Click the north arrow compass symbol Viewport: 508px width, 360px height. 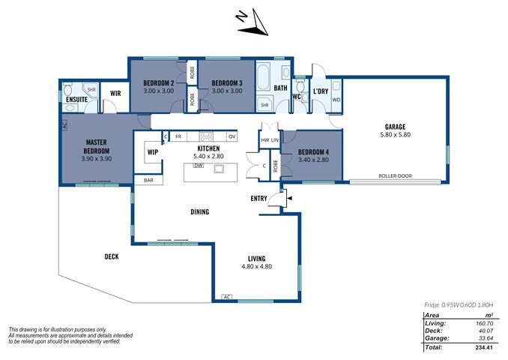253,23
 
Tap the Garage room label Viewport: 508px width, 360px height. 395,127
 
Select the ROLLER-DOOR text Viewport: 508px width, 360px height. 396,175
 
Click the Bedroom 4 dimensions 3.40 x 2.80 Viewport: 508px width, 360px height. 313,160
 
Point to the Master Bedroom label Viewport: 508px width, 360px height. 97,146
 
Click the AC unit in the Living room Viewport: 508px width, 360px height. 227,297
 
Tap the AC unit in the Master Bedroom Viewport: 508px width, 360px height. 64,125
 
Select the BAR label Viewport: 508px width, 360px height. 148,180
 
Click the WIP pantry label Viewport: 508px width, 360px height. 153,152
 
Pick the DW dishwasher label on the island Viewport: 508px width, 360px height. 199,166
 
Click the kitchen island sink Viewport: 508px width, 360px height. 219,168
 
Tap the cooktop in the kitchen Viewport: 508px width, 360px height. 206,136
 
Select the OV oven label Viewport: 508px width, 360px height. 232,136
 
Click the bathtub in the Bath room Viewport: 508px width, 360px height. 263,77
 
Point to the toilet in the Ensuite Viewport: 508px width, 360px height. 68,89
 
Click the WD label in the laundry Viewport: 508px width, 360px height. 336,100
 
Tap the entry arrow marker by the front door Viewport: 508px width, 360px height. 289,198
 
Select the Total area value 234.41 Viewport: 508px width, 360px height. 484,347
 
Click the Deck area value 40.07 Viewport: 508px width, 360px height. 486,331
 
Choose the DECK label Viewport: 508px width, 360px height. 112,256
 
